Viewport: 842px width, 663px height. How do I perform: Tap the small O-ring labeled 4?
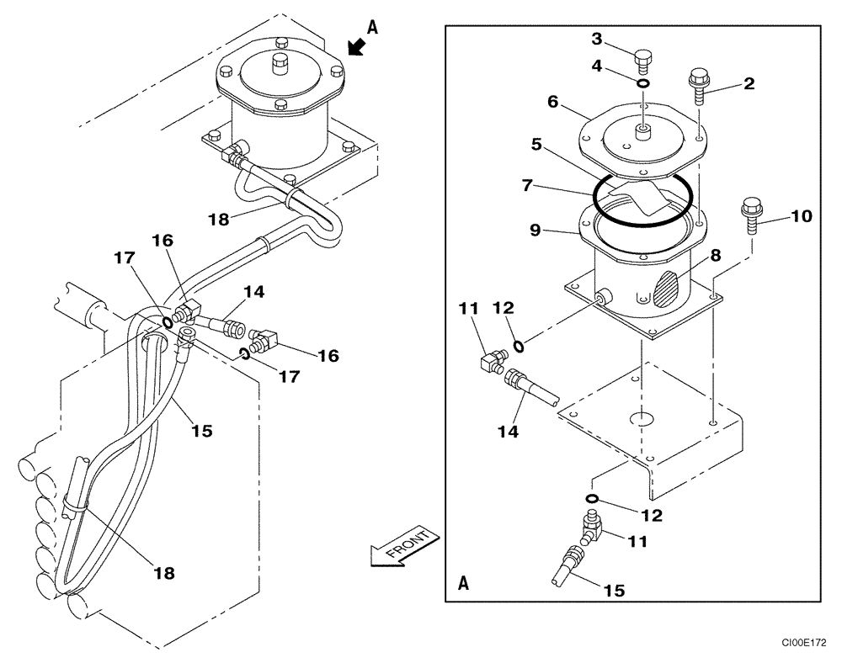[x=642, y=82]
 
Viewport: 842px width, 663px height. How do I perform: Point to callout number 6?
[x=552, y=101]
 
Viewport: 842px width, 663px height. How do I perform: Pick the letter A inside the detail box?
[x=464, y=582]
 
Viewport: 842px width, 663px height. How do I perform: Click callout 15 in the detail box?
[x=614, y=591]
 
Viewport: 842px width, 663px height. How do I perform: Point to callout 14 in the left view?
[x=253, y=291]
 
